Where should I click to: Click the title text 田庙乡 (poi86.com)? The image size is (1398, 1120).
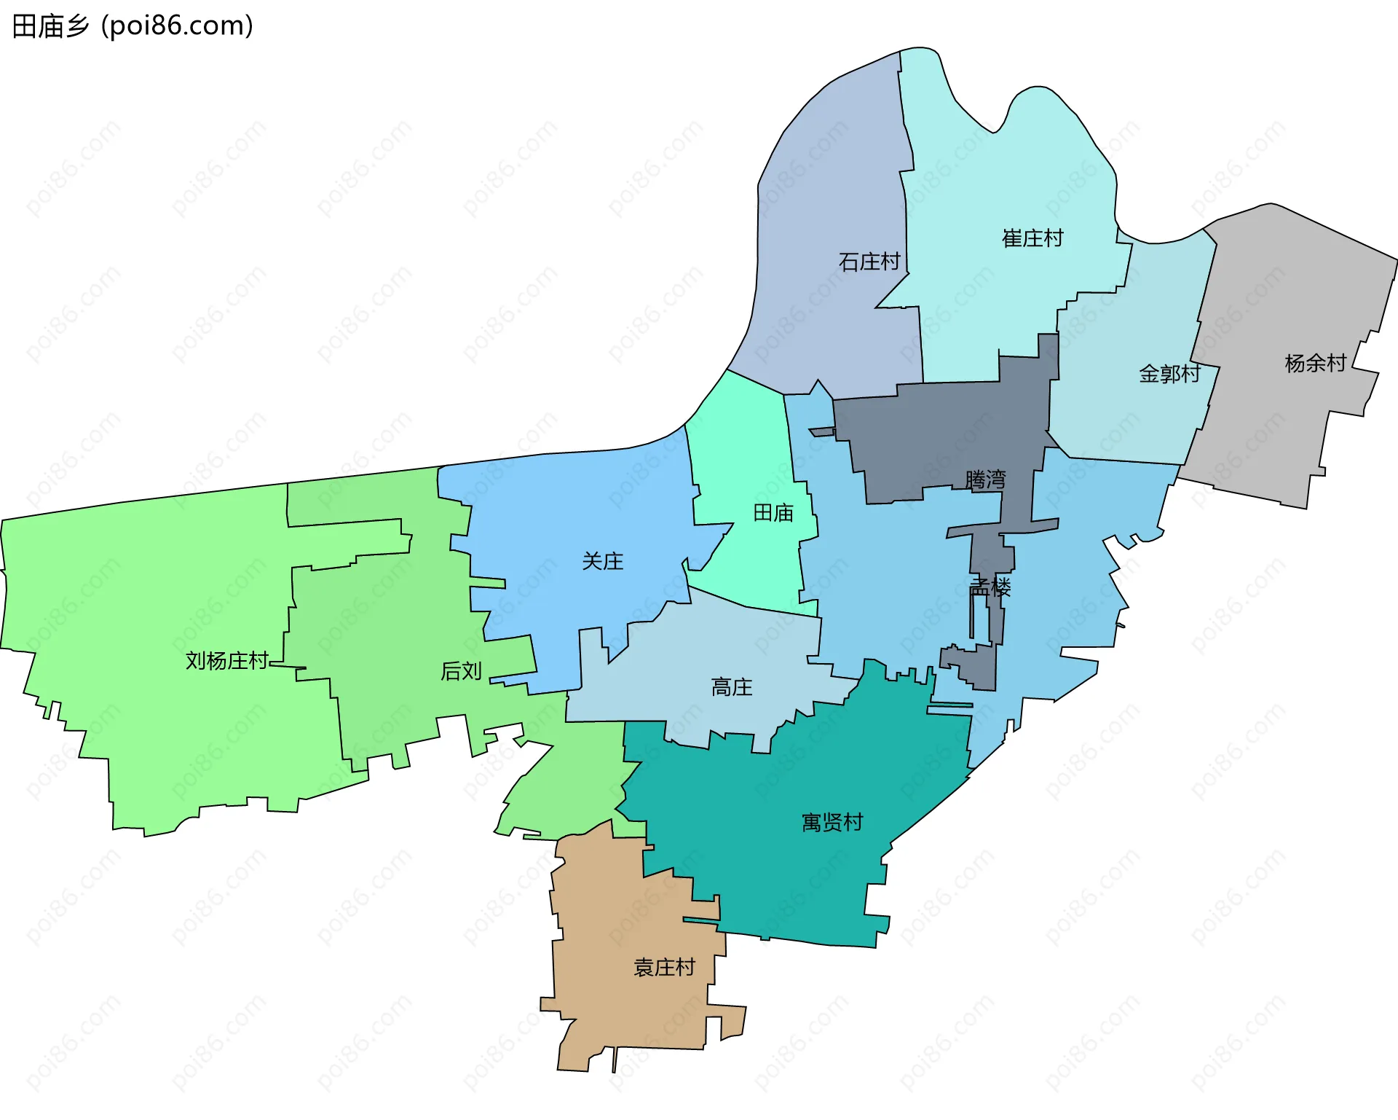point(133,26)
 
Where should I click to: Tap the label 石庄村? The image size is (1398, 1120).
point(869,262)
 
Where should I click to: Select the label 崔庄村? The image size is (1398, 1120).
point(1032,238)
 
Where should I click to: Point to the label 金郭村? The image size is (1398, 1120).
point(1169,374)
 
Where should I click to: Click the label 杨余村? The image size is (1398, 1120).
point(1315,363)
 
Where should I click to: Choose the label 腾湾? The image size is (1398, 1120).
point(985,479)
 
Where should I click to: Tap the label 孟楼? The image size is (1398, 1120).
point(990,587)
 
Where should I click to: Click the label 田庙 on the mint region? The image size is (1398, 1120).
point(773,513)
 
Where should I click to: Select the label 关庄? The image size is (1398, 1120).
point(603,561)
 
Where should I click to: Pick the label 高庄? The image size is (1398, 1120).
point(732,687)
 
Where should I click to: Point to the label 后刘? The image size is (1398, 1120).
point(461,671)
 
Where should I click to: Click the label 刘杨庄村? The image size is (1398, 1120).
point(227,661)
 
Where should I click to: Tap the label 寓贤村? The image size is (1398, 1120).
point(832,823)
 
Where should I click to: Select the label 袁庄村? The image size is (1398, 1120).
point(664,968)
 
